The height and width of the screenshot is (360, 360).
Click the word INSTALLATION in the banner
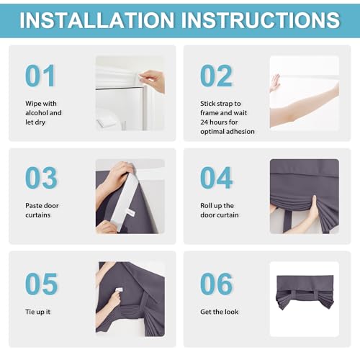click(96, 20)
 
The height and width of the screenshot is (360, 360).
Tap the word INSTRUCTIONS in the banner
click(261, 20)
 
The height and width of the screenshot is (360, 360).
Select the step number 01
click(40, 76)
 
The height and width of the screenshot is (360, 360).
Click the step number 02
click(216, 76)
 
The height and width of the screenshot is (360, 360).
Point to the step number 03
click(41, 178)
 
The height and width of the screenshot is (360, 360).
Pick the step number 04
click(216, 178)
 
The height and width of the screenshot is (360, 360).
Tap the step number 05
click(41, 284)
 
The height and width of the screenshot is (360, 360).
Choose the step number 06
click(216, 284)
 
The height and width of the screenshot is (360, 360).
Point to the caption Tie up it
click(38, 312)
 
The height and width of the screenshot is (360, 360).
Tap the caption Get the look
click(220, 312)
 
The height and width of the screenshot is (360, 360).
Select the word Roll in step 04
click(205, 206)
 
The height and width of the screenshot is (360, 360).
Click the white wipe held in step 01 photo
click(142, 77)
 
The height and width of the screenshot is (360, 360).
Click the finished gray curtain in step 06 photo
click(305, 292)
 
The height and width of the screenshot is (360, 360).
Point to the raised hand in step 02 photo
click(275, 83)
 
